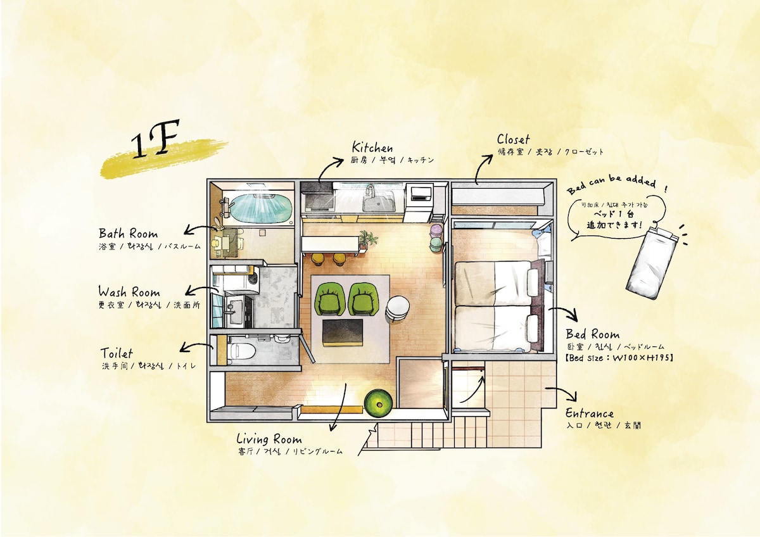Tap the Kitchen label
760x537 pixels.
tap(372, 148)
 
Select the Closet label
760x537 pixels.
tap(513, 139)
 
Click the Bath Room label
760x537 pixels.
tap(128, 234)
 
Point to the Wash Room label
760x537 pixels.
tap(129, 291)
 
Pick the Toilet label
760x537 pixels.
tap(117, 353)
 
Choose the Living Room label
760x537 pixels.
tap(269, 439)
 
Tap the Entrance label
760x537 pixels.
tap(590, 414)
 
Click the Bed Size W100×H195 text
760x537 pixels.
tap(619, 358)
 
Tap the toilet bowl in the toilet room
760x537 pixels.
tap(241, 350)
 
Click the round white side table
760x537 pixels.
tap(398, 308)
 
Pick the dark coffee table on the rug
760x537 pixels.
tap(343, 332)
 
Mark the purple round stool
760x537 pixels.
tap(436, 231)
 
